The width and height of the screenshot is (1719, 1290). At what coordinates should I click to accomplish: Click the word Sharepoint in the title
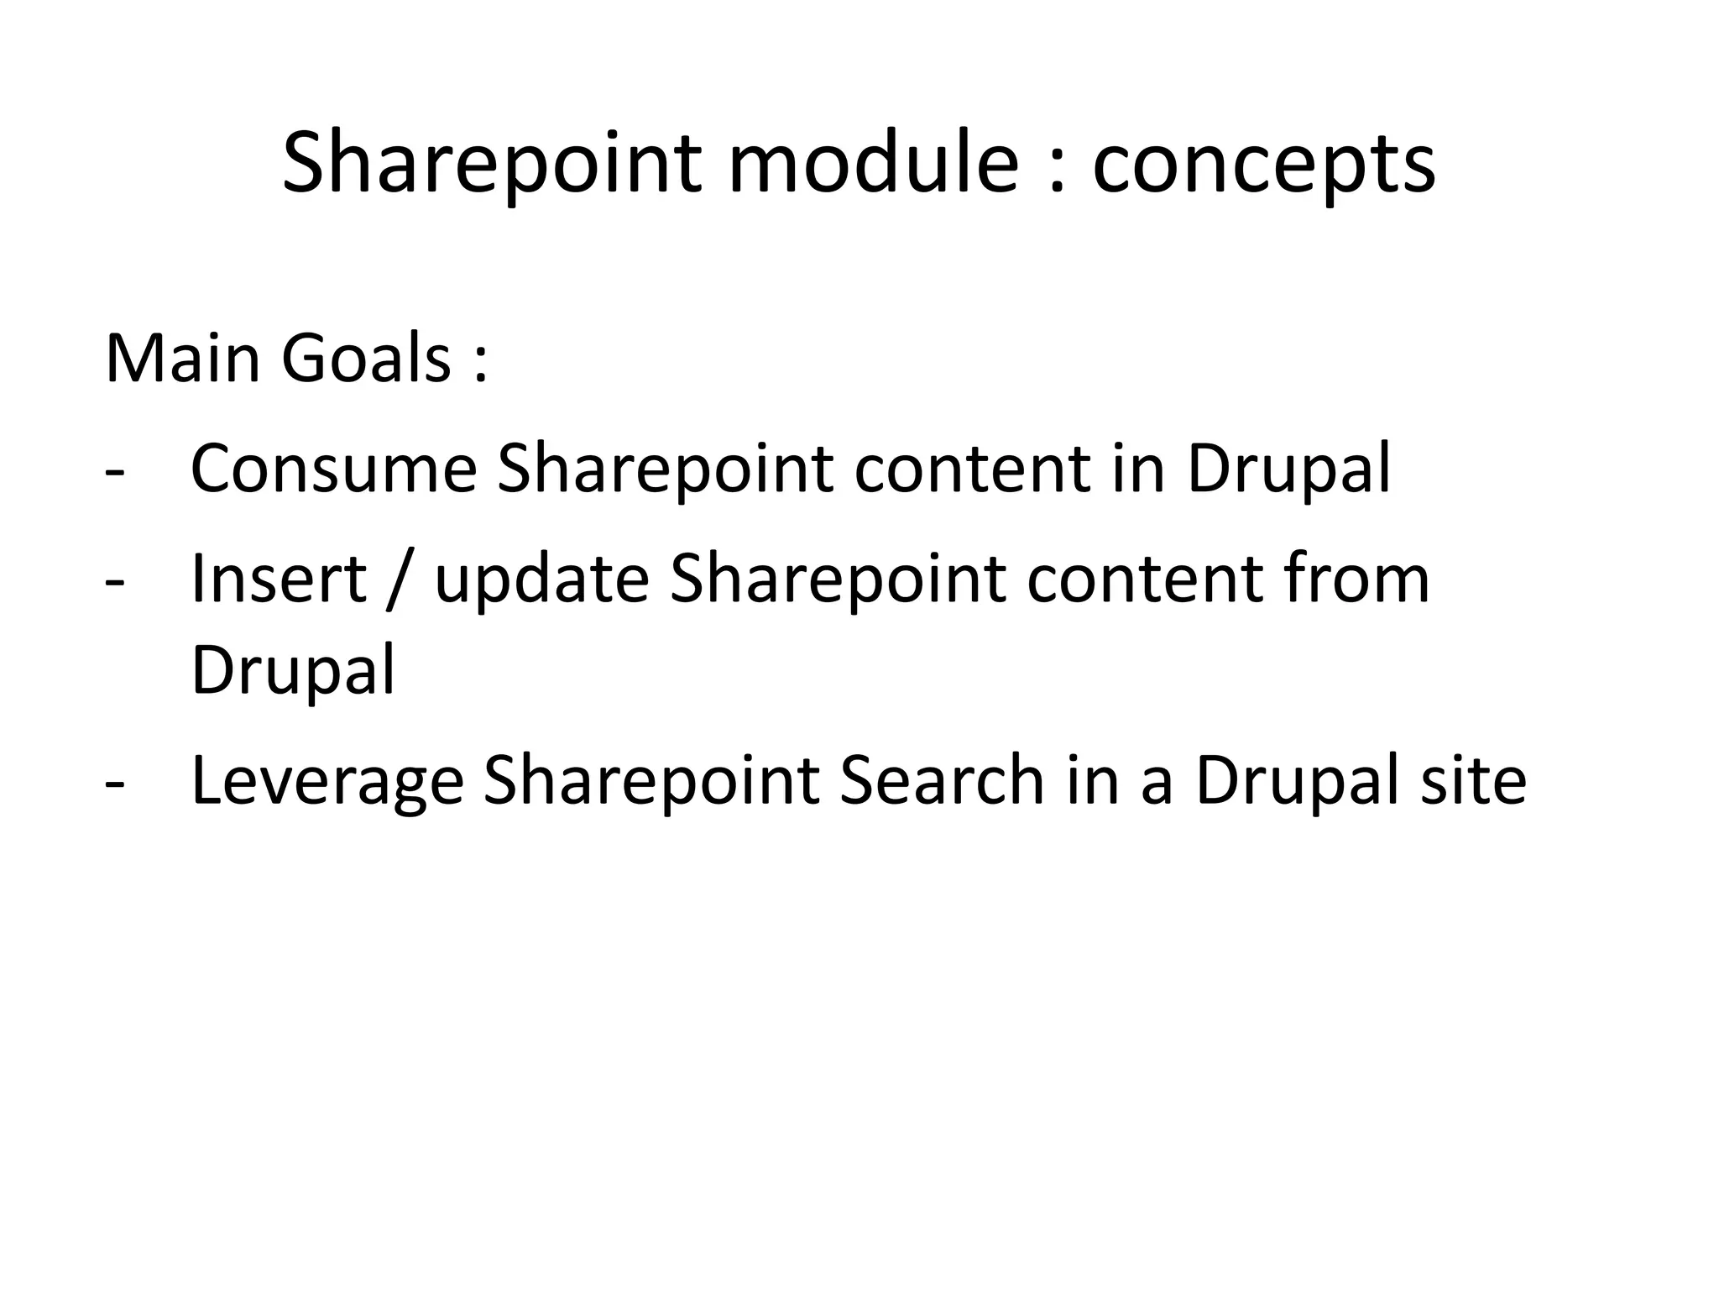click(x=491, y=164)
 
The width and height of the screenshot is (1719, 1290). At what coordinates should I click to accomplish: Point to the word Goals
click(x=367, y=359)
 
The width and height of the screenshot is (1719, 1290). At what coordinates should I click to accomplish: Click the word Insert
click(x=279, y=579)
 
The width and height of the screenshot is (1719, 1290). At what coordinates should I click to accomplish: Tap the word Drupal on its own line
click(x=293, y=672)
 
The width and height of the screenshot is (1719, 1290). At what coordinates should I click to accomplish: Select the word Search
click(x=941, y=780)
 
